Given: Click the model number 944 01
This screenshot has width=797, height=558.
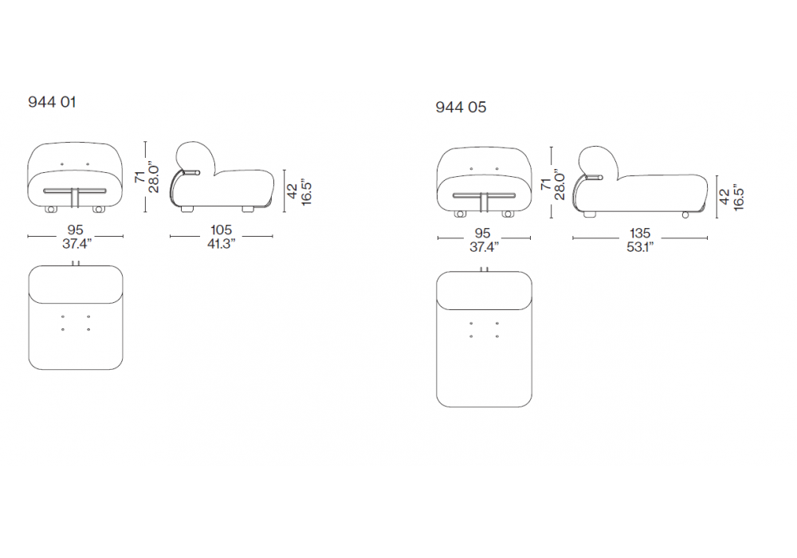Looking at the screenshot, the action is click(x=52, y=102).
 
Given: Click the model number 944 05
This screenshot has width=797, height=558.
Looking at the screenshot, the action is click(x=461, y=108).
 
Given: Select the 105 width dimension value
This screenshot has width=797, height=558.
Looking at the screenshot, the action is click(x=221, y=230).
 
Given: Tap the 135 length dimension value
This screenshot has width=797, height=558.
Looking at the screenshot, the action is click(x=640, y=234).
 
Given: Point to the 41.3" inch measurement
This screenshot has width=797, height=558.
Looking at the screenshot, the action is click(x=221, y=244).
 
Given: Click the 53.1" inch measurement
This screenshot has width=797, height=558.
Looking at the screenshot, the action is click(x=640, y=247).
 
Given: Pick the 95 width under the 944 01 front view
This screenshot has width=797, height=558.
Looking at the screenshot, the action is click(x=75, y=230).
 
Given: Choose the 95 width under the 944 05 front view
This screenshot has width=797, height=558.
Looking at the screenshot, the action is click(x=482, y=234).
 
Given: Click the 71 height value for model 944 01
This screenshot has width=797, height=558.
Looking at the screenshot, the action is click(x=139, y=177).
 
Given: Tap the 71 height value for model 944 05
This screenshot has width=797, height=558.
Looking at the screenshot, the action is click(x=546, y=184).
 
